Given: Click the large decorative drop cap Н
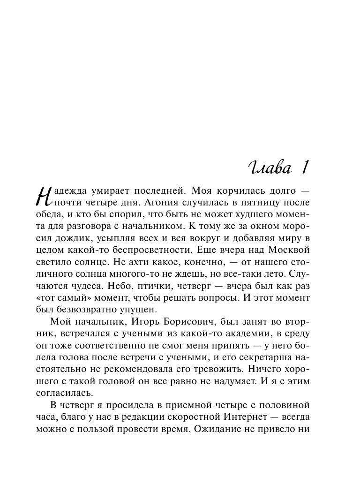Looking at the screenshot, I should coord(44,200).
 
